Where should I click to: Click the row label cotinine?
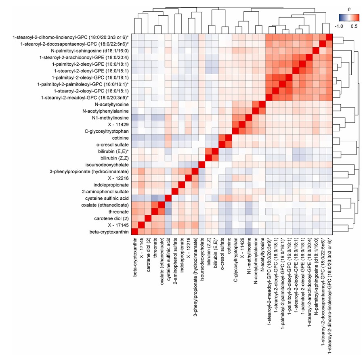tap(120, 138)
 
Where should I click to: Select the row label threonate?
tap(119, 212)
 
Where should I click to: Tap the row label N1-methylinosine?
tap(110, 118)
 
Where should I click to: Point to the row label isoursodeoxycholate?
tap(107, 165)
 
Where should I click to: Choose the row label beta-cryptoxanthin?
tap(109, 232)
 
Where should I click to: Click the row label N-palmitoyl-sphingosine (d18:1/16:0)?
tap(90, 51)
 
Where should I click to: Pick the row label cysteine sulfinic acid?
tap(107, 198)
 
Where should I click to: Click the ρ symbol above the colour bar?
tap(349, 10)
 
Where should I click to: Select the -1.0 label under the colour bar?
tap(339, 26)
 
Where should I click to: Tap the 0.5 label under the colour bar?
tap(354, 26)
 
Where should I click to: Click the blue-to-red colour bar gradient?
tap(349, 18)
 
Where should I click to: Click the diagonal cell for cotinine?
tap(229, 138)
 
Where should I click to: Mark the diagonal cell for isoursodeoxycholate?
tap(202, 165)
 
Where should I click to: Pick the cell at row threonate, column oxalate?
tap(162, 212)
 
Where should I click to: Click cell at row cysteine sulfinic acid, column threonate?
tap(155, 198)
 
